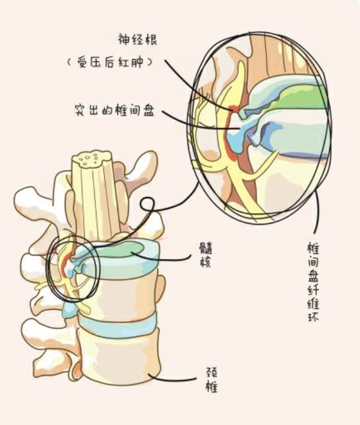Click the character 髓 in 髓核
206,248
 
